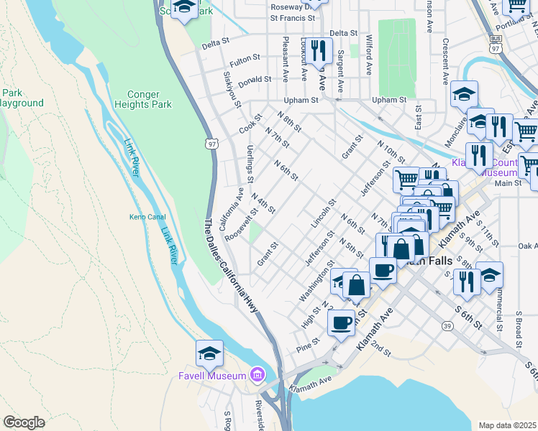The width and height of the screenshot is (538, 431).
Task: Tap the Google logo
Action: tap(24, 422)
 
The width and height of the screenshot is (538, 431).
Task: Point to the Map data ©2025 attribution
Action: tap(506, 425)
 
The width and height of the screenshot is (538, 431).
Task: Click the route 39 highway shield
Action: tap(447, 325)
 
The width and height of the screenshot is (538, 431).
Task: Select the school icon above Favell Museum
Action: tap(209, 353)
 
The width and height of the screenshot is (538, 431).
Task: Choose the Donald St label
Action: tap(255, 80)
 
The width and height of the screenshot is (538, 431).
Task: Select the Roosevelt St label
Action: tap(240, 226)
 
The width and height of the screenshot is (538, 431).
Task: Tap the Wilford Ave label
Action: tap(368, 55)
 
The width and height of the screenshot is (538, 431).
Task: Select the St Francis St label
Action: tap(293, 18)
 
